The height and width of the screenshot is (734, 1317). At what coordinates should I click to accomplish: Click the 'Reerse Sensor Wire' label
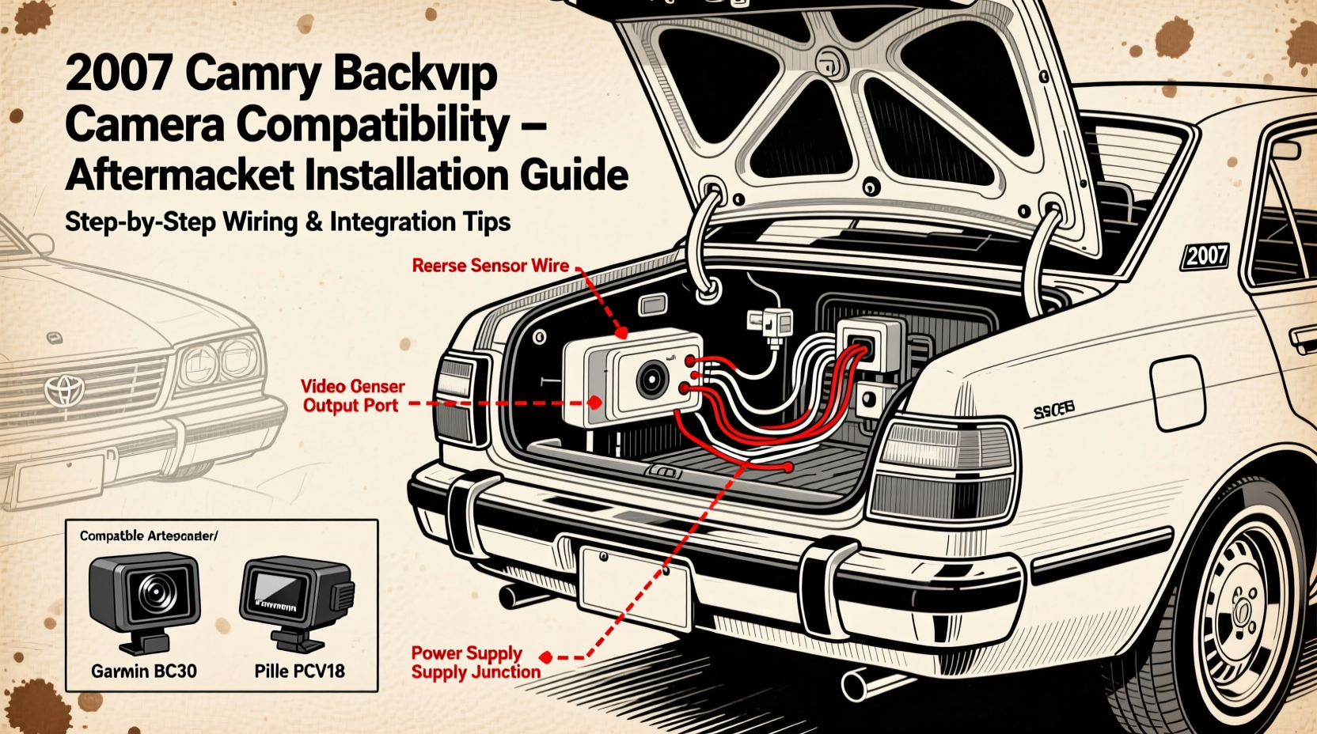[x=490, y=266]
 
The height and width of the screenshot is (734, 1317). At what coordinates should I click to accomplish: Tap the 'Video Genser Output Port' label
[x=352, y=396]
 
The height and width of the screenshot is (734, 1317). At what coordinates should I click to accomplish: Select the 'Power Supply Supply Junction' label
[x=475, y=663]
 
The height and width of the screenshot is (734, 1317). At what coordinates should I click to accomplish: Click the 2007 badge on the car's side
[x=1205, y=256]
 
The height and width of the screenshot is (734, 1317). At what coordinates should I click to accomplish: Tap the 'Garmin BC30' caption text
[x=144, y=672]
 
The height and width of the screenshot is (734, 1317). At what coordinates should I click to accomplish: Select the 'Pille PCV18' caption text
[x=299, y=672]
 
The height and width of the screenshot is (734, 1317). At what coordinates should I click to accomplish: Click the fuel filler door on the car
[x=1177, y=392]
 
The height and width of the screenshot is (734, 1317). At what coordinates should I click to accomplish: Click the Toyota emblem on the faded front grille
[x=63, y=389]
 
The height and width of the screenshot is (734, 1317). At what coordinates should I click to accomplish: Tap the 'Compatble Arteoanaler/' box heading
[x=148, y=536]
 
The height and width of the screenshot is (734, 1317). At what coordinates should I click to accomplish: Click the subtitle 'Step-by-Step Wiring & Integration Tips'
[x=287, y=222]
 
